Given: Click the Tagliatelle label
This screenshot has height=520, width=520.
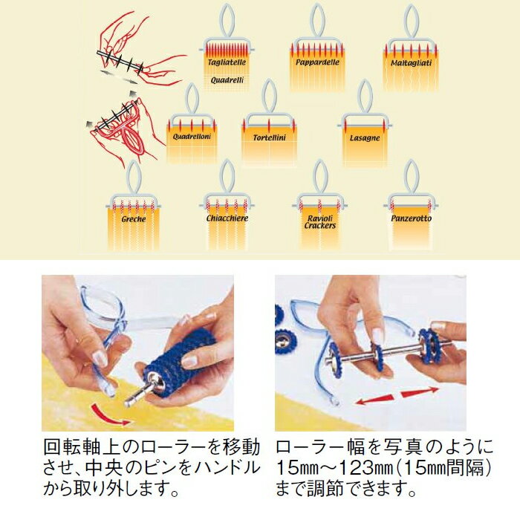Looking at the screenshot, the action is tap(227, 62).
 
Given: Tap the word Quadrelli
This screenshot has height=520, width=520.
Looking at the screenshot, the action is tap(227, 80).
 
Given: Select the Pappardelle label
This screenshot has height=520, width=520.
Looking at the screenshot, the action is tap(317, 62).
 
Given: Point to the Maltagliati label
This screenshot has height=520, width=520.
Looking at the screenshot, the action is tap(411, 63).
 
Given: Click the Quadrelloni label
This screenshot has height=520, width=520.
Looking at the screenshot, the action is tap(192, 136).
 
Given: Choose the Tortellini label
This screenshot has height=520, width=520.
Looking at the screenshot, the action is tap(269, 137).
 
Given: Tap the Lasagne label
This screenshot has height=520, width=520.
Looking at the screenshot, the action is tap(365, 138).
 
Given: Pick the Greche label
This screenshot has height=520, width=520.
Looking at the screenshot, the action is tap(134, 219).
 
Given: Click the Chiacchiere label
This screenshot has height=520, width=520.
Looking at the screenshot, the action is tap(227, 218).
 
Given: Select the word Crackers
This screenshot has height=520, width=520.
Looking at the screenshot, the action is tap(320, 226).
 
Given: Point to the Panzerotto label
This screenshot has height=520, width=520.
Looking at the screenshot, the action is tap(412, 218).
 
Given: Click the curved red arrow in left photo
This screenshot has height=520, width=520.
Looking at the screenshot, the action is tap(110, 415).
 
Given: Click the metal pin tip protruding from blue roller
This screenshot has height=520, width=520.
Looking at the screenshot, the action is tap(128, 403).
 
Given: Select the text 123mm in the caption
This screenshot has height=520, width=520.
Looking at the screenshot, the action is tap(348, 468).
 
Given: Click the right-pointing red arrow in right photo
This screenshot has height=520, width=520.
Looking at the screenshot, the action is tap(420, 392).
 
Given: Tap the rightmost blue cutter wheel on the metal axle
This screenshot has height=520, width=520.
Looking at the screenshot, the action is tap(429, 344).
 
